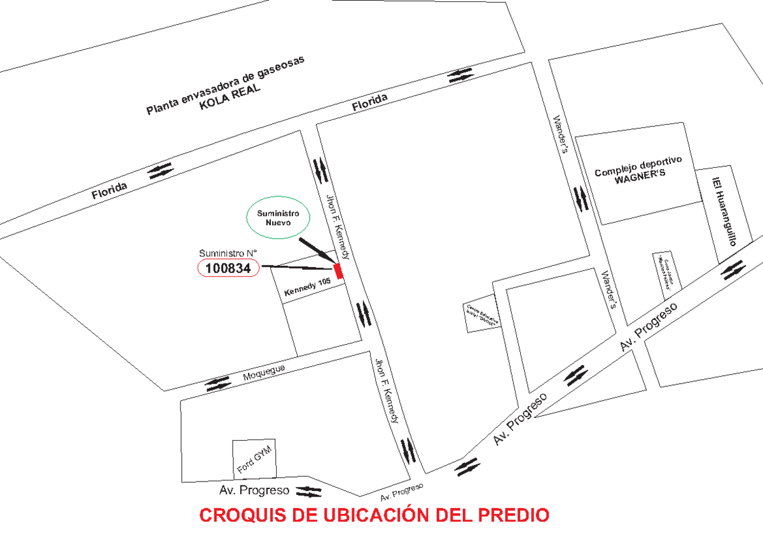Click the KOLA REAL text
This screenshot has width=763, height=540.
pyautogui.click(x=230, y=97)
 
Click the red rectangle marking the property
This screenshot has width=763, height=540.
pyautogui.click(x=339, y=270)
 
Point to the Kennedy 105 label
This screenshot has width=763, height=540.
pyautogui.click(x=308, y=290)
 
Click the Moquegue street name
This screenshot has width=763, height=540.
pyautogui.click(x=264, y=373)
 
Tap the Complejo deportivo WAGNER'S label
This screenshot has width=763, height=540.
pyautogui.click(x=638, y=167)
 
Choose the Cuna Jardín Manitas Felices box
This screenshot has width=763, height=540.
pyautogui.click(x=666, y=272)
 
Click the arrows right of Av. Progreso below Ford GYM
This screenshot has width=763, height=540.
pyautogui.click(x=309, y=491)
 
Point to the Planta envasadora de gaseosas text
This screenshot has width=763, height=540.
pyautogui.click(x=226, y=85)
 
